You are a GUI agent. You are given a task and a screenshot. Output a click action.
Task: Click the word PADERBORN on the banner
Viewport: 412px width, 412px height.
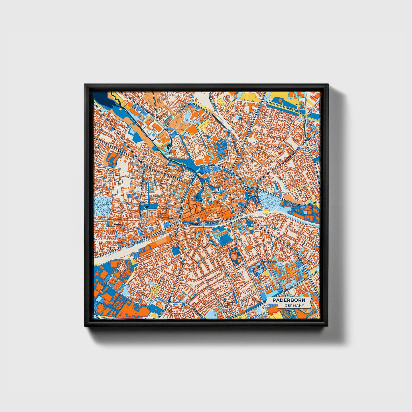pos(289,300)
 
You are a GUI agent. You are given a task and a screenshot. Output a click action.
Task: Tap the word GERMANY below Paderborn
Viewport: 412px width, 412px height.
pos(294,305)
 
